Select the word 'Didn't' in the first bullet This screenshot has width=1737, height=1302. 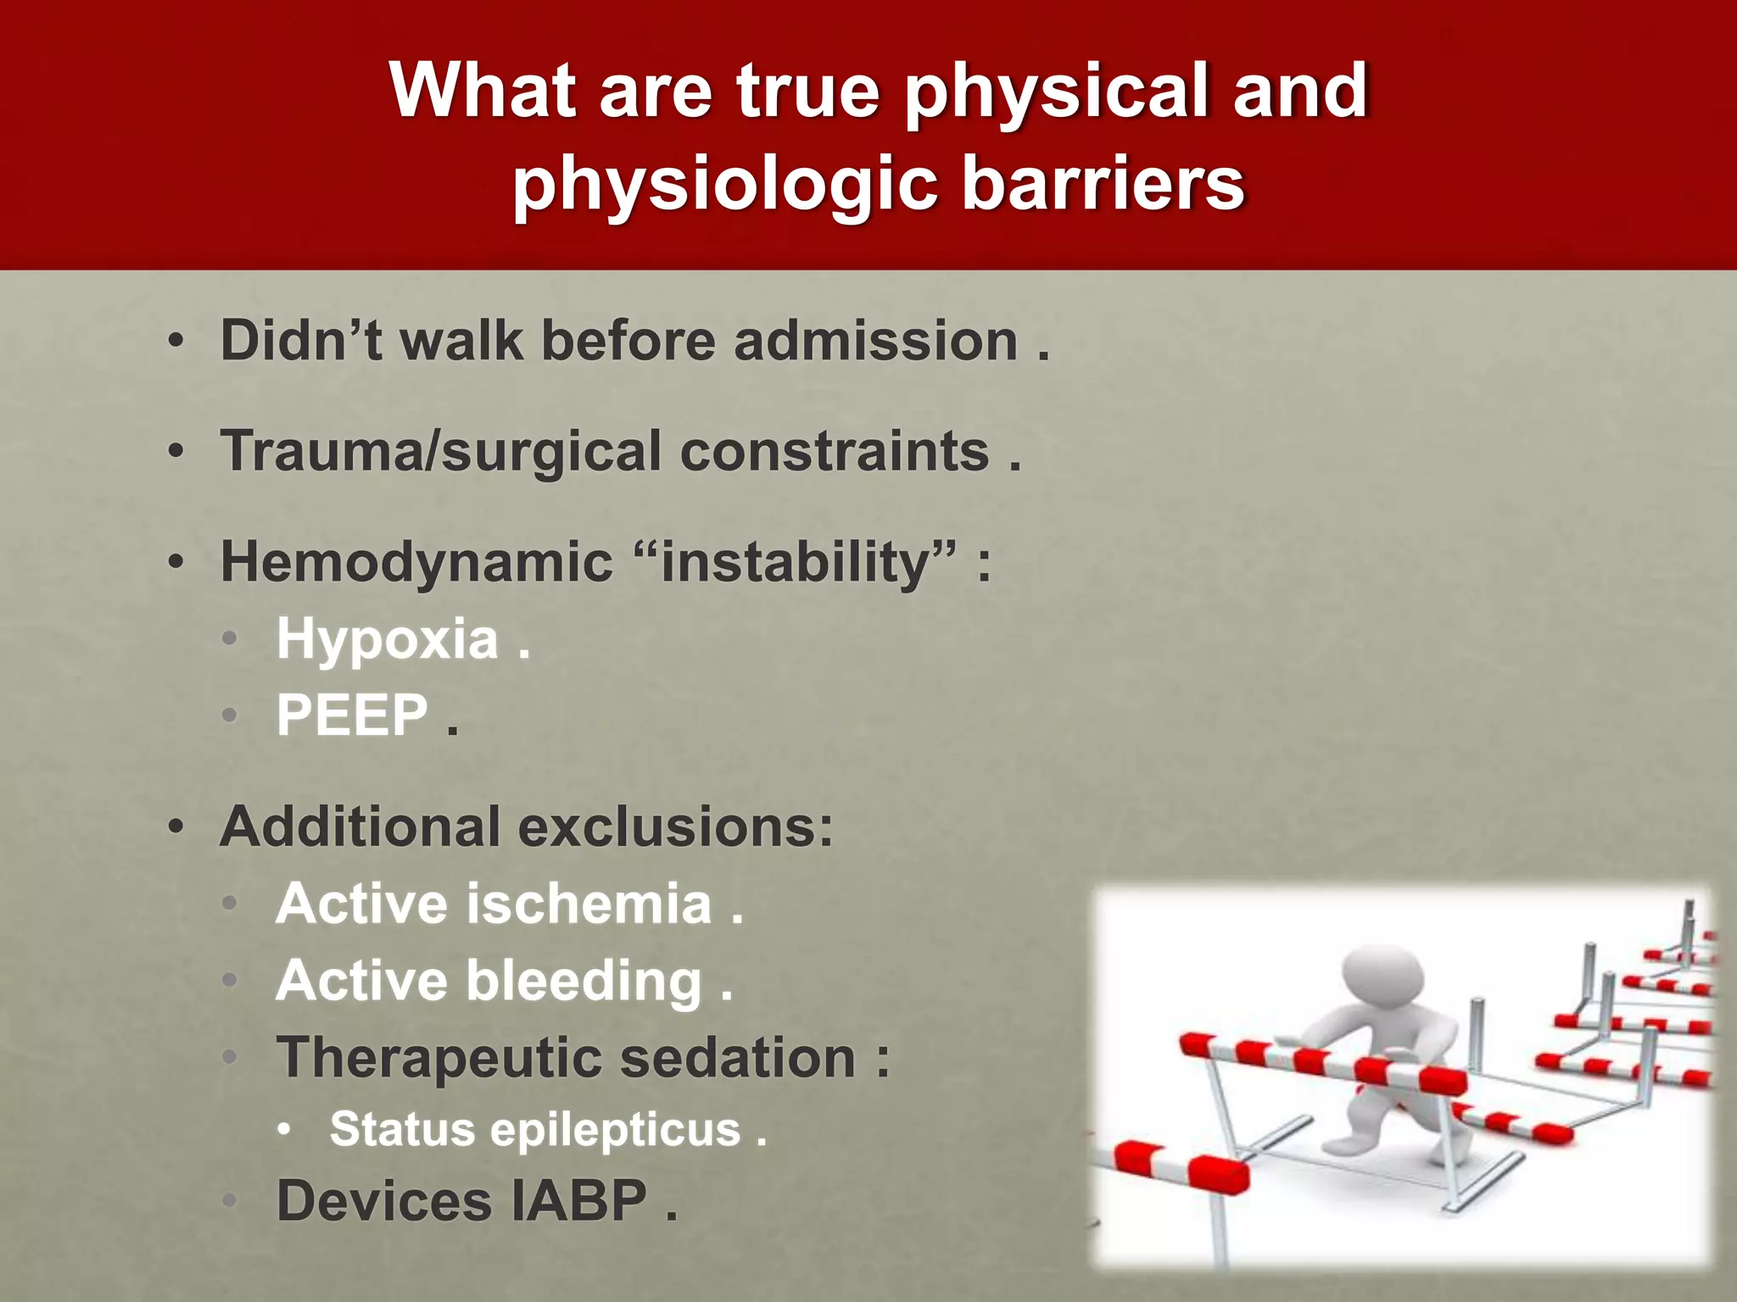coord(300,340)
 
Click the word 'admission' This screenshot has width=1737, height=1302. coord(875,340)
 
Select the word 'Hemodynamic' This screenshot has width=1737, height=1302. coord(416,561)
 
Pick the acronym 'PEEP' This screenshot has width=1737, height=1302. coord(352,715)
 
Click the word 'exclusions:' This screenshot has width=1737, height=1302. coord(676,826)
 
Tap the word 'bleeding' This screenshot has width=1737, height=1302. coord(584,980)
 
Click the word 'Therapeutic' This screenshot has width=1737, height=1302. coord(438,1058)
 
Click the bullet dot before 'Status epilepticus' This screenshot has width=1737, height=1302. coord(285,1129)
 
